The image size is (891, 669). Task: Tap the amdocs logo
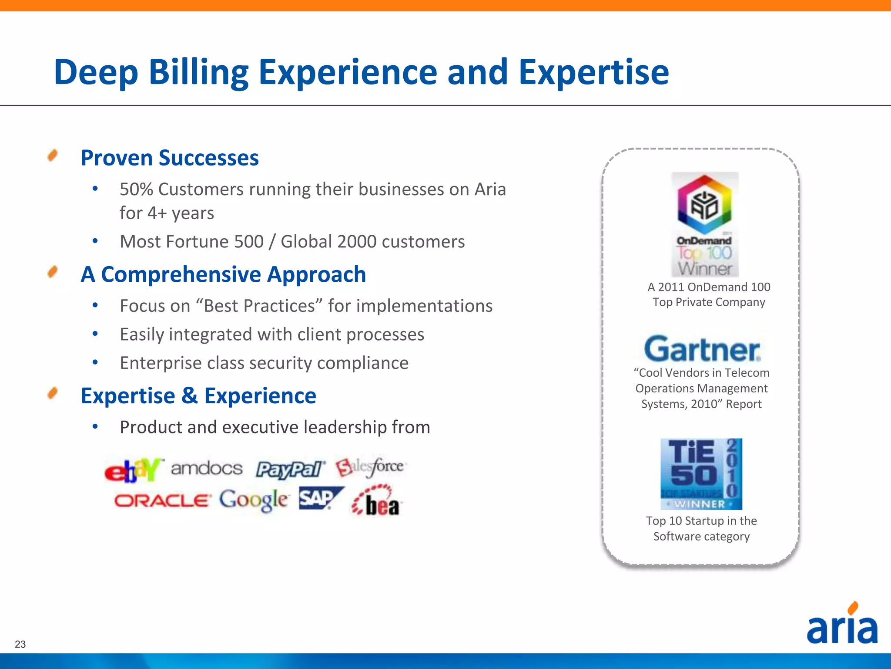[x=207, y=469]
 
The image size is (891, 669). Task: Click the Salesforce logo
[x=370, y=467]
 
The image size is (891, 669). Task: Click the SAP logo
[x=320, y=498]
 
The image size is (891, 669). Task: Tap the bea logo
[x=377, y=502]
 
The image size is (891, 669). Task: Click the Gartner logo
[x=702, y=349]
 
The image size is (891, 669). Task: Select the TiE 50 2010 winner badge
[x=701, y=474]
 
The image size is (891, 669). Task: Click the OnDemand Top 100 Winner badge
[x=705, y=224]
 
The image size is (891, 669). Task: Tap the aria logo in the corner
[x=842, y=625]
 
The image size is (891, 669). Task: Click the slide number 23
[x=20, y=644]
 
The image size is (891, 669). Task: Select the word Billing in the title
[x=198, y=72]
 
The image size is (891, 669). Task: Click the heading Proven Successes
[x=170, y=158]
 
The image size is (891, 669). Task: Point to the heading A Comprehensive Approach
[x=223, y=274]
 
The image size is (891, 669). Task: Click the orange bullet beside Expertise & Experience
[x=53, y=393]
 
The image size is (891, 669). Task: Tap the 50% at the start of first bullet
[x=136, y=189]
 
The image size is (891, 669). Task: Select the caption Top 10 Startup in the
[x=701, y=520]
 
